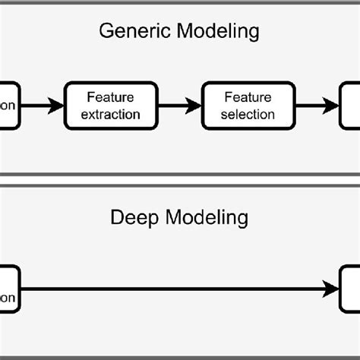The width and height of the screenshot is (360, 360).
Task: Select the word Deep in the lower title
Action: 134,218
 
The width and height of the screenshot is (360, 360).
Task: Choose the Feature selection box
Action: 248,106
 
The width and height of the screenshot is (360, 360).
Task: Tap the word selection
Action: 248,114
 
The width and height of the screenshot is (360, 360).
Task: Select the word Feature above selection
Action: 248,98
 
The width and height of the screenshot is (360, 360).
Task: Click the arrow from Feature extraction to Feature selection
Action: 179,106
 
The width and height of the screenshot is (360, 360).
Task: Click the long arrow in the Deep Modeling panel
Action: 175,289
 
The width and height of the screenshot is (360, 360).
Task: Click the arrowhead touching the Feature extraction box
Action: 58,106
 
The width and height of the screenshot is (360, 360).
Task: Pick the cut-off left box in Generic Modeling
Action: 9,106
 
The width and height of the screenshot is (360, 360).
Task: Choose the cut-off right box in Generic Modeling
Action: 350,106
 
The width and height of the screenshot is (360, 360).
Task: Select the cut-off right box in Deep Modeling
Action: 350,289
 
